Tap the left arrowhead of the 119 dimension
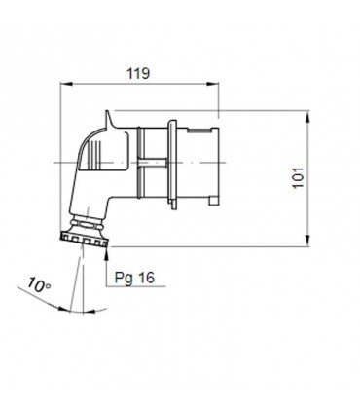click(64, 85)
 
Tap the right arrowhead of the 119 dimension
click(218, 85)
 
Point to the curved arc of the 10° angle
click(58, 308)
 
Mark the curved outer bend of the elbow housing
click(88, 136)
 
